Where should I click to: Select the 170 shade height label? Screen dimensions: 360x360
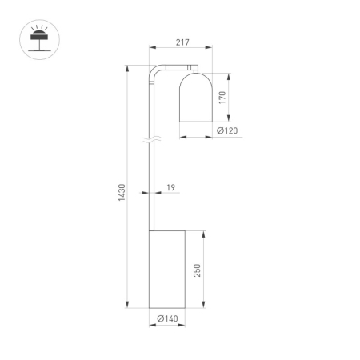pyautogui.click(x=223, y=98)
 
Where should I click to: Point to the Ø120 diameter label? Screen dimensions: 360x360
pyautogui.click(x=226, y=131)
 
